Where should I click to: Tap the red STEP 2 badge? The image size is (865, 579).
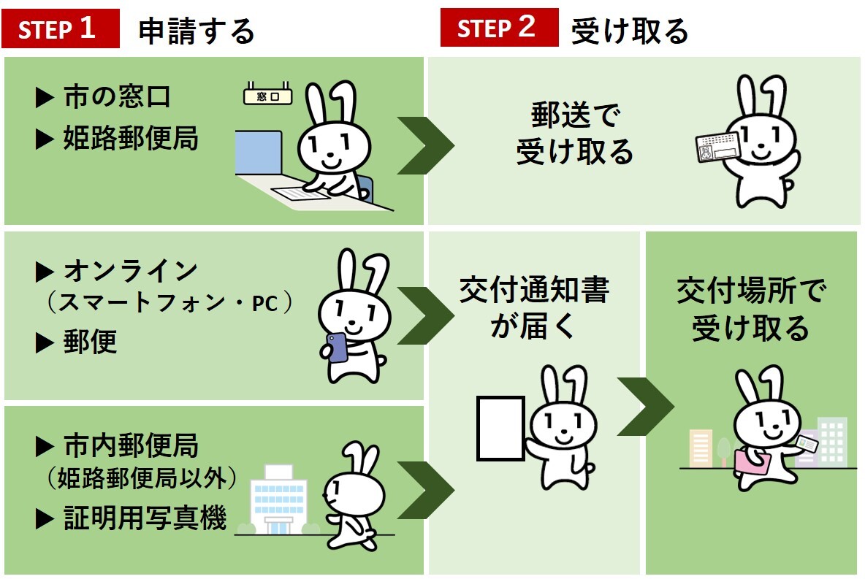499,28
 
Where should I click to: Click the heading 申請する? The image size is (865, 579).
196,31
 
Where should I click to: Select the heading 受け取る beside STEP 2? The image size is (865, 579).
630,31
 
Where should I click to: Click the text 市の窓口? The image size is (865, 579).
117,97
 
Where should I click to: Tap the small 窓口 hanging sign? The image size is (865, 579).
267,96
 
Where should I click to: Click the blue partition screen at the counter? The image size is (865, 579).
258,154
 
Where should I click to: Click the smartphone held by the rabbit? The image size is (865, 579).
337,348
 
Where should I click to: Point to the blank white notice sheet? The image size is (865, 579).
500,429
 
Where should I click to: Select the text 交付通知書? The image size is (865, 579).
534,291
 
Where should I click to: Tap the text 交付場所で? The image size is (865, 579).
751,291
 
